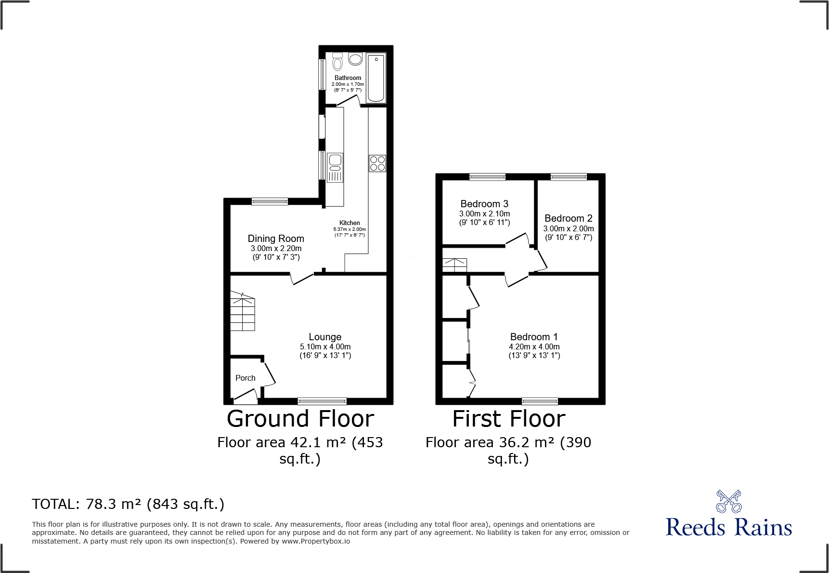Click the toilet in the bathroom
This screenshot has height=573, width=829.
pyautogui.click(x=337, y=62)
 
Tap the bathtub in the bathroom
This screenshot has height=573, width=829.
pyautogui.click(x=376, y=78)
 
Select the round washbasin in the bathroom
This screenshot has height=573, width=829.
pyautogui.click(x=355, y=59)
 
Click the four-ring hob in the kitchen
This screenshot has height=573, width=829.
pyautogui.click(x=377, y=163)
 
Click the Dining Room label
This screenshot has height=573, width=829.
pyautogui.click(x=276, y=239)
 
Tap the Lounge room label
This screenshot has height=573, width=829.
pyautogui.click(x=325, y=337)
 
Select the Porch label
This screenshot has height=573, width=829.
pyautogui.click(x=245, y=378)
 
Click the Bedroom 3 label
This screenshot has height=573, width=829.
pyautogui.click(x=484, y=204)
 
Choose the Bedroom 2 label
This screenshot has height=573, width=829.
pyautogui.click(x=568, y=218)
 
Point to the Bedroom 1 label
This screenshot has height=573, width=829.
pyautogui.click(x=534, y=337)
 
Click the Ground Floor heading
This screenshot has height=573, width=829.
pyautogui.click(x=300, y=419)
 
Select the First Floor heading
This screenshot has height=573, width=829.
pyautogui.click(x=509, y=419)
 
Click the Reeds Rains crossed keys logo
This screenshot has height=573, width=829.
pyautogui.click(x=728, y=502)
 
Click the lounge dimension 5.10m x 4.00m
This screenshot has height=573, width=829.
pyautogui.click(x=325, y=346)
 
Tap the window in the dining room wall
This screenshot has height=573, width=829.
pyautogui.click(x=270, y=201)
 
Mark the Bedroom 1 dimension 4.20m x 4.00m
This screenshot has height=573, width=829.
pyautogui.click(x=534, y=346)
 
